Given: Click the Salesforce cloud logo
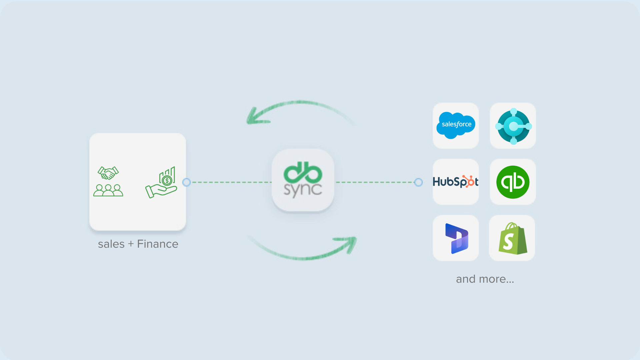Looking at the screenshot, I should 456,125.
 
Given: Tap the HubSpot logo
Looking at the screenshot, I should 455,182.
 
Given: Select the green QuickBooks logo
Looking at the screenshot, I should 513,182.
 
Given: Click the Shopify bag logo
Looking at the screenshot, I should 512,239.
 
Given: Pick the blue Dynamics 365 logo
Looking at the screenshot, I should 456,238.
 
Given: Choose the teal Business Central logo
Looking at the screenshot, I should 513,126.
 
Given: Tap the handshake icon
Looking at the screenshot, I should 108,173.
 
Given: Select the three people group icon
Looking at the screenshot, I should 108,190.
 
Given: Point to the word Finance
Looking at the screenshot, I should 158,244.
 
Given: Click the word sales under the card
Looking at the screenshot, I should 111,244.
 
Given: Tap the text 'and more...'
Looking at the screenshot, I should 485,279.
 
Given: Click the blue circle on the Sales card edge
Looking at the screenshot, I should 187,182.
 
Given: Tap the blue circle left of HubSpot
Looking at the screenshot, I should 418,182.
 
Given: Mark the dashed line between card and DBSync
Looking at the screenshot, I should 230,182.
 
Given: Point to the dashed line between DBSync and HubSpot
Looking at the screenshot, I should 375,182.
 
